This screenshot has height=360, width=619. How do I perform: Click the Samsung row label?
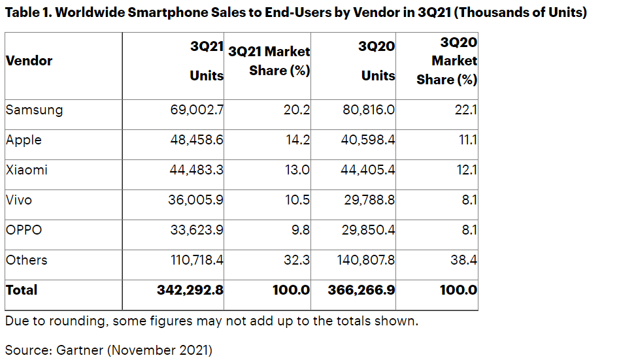(x=34, y=110)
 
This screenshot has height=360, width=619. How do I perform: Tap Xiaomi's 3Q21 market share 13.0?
(x=296, y=170)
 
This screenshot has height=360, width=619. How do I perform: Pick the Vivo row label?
(x=18, y=200)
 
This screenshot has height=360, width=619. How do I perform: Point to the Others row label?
(x=26, y=260)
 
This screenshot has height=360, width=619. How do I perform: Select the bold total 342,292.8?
(x=190, y=290)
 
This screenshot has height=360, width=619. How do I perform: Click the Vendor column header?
(x=29, y=61)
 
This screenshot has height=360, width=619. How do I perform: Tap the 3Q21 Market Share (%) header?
(x=269, y=61)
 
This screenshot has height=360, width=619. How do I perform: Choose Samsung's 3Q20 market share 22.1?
(x=465, y=110)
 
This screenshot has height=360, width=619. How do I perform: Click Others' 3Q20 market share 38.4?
(x=464, y=260)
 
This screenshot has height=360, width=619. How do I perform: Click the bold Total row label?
(x=22, y=290)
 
